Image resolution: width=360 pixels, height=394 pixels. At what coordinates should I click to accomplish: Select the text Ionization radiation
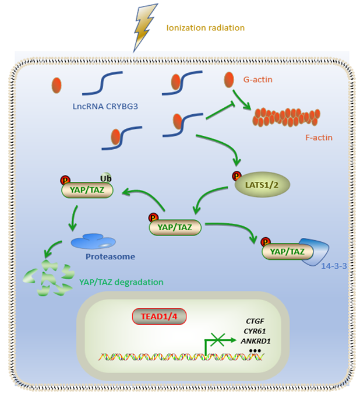[x=205, y=28]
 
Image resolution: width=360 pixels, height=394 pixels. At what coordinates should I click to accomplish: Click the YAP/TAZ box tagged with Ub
[x=87, y=191]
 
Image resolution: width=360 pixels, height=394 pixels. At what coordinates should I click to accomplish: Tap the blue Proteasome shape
[x=93, y=241]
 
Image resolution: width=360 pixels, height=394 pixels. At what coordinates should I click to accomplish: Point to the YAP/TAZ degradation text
[x=121, y=282]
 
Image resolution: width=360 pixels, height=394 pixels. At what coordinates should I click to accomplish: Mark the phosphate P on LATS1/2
[x=236, y=175]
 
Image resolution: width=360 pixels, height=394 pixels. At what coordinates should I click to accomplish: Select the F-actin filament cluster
[x=285, y=117]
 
